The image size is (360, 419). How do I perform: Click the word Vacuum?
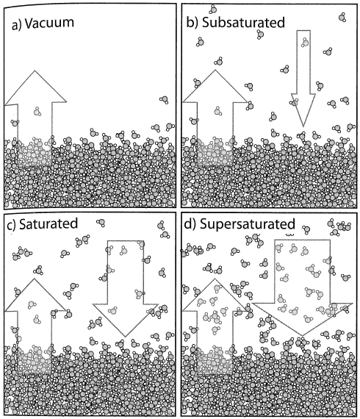click(x=49, y=23)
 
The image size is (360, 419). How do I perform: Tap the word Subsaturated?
click(x=243, y=23)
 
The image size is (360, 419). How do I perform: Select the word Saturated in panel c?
click(x=48, y=223)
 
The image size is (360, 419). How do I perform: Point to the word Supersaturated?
click(x=248, y=223)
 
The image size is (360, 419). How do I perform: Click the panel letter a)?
click(x=17, y=24)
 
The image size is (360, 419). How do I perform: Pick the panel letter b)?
click(x=192, y=23)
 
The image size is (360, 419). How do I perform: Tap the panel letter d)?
click(x=190, y=224)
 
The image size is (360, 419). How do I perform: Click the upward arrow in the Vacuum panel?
click(x=35, y=118)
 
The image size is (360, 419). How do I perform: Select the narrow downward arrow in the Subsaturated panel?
click(x=303, y=78)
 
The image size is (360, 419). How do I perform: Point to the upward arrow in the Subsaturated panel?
click(x=215, y=118)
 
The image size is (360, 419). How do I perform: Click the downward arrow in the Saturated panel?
click(x=125, y=288)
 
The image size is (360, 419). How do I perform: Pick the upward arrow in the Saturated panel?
click(x=35, y=326)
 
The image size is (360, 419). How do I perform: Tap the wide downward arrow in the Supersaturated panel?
click(x=302, y=287)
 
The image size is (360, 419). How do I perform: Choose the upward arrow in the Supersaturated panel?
click(x=215, y=326)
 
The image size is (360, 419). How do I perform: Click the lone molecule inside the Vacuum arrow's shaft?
click(x=37, y=112)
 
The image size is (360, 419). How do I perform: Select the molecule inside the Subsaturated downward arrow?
click(x=305, y=42)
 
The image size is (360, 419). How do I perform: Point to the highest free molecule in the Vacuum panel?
click(x=165, y=100)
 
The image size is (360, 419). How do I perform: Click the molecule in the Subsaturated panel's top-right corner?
click(x=342, y=18)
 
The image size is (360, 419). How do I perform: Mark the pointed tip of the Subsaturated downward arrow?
click(x=303, y=127)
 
